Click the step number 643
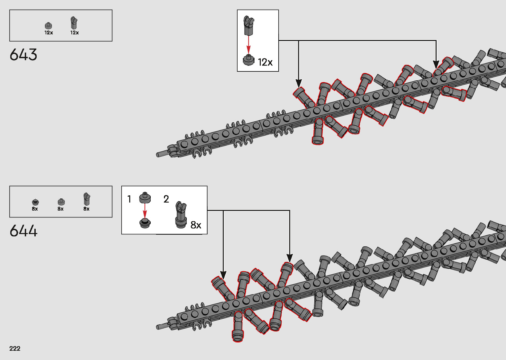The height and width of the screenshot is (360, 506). (x=23, y=55)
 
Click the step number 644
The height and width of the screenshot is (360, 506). (x=23, y=231)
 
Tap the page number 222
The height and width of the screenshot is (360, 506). (x=15, y=348)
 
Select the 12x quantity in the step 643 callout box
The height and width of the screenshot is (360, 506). (x=265, y=62)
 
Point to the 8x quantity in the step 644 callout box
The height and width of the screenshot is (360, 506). (x=196, y=225)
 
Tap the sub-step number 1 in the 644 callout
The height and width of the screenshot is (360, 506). (x=129, y=199)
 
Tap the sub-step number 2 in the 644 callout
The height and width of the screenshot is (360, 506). (x=166, y=199)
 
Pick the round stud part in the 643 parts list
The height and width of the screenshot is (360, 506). (x=49, y=25)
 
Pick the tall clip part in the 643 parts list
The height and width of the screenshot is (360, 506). (x=74, y=23)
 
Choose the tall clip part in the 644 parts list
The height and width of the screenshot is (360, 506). (x=87, y=199)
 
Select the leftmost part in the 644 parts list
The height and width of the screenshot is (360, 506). (x=35, y=202)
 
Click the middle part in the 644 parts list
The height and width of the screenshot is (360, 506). (x=61, y=202)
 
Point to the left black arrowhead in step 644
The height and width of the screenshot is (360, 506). (x=223, y=275)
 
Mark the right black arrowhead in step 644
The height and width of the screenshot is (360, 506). (x=290, y=258)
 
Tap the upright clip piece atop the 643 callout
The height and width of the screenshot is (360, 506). (x=249, y=26)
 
